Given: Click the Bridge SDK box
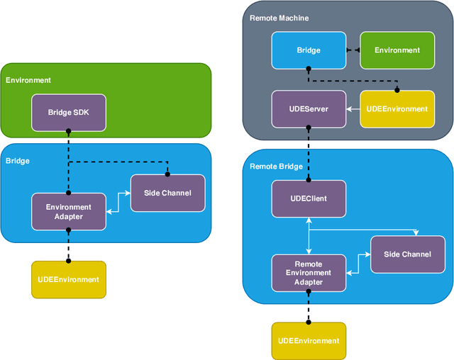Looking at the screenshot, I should click(69, 113).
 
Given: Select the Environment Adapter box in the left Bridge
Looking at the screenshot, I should click(69, 211).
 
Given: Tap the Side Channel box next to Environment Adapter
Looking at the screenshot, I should click(168, 193).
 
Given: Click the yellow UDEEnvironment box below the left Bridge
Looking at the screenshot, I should click(69, 279).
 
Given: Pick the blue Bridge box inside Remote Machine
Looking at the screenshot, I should click(309, 50).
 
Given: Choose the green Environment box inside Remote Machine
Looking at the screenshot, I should click(397, 50).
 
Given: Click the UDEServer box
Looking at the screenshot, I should click(309, 108).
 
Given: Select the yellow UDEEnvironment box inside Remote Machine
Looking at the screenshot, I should click(397, 108).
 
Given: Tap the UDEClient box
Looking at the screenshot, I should click(309, 198).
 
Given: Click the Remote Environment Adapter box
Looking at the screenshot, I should click(309, 272).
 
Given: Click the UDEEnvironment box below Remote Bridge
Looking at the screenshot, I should click(309, 341).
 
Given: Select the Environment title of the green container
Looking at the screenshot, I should click(28, 80).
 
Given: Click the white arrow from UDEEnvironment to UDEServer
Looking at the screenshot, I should click(353, 108).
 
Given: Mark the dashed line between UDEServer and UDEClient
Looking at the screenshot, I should click(309, 152).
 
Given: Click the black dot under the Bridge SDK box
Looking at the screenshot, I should click(69, 131).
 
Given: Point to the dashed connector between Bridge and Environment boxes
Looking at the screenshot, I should click(353, 50).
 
